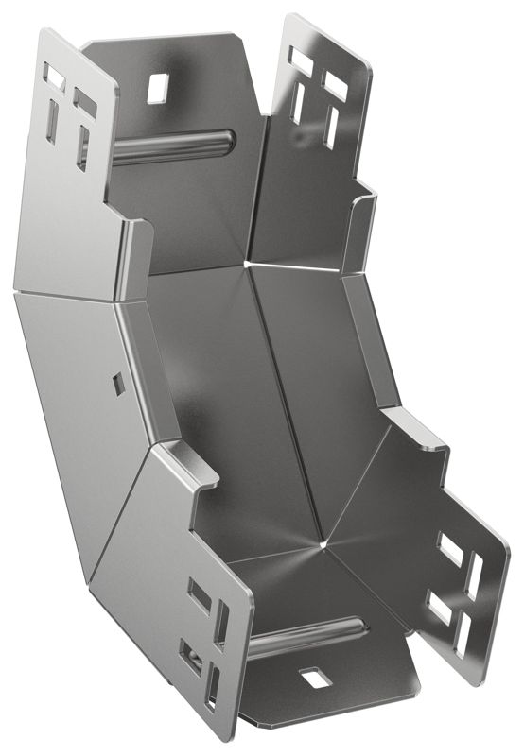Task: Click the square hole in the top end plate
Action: coord(157,87)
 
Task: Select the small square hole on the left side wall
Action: coord(117,383)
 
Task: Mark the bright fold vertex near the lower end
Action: coord(324,545)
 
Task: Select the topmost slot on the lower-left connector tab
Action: coord(200,595)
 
